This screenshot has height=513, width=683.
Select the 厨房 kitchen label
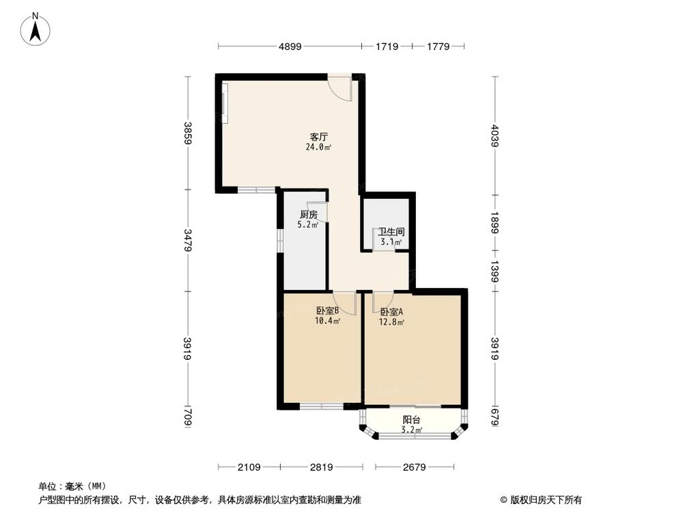tap(307, 214)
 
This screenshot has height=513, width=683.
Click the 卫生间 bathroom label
tap(391, 231)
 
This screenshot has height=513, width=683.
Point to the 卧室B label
tap(327, 311)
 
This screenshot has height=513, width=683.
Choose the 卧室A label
tap(391, 311)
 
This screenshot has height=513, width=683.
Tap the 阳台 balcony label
tap(411, 420)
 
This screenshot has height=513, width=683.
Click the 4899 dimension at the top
tap(290, 47)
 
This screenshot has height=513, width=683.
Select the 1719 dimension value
tap(386, 47)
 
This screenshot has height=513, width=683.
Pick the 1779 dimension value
tap(438, 47)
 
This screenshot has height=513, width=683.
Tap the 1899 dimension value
tap(495, 222)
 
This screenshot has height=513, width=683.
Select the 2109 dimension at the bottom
tap(249, 467)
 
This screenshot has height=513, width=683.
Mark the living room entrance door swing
tap(339, 88)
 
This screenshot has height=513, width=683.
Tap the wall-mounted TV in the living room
tap(223, 102)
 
